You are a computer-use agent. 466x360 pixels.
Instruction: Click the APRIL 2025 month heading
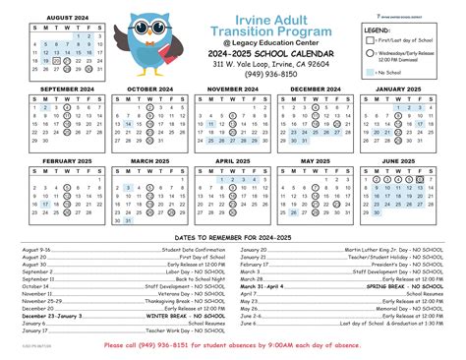click(x=234, y=160)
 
